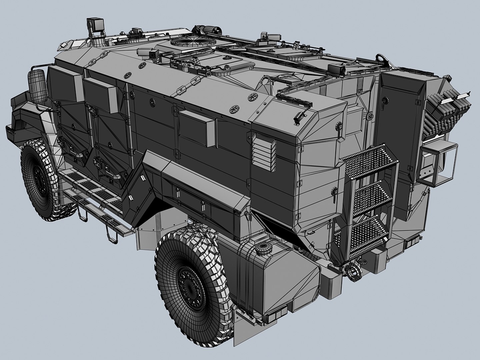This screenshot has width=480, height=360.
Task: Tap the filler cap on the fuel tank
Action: click(263, 247)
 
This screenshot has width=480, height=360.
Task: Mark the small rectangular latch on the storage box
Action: click(177, 193)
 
